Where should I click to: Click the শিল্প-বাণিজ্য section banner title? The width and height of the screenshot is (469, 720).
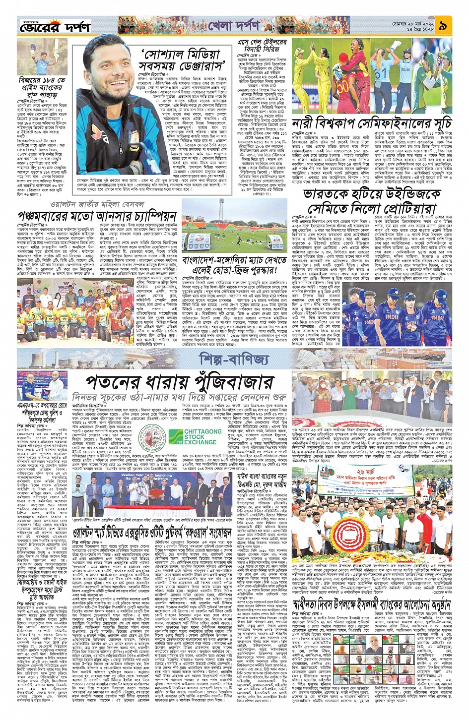(x=241, y=359)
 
